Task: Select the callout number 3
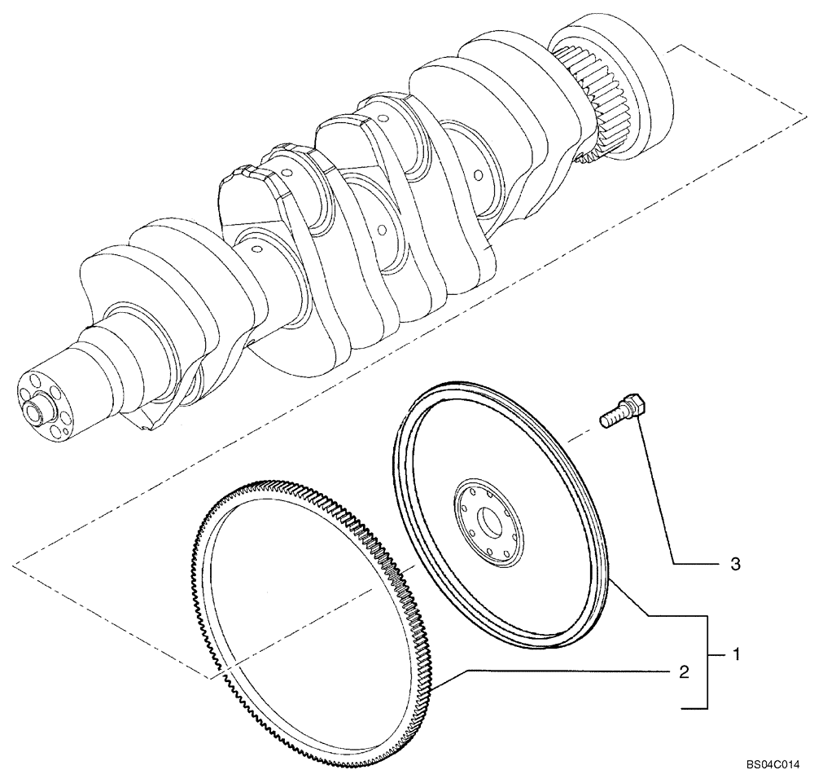734,564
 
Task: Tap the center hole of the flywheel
491,521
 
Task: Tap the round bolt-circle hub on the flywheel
488,522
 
